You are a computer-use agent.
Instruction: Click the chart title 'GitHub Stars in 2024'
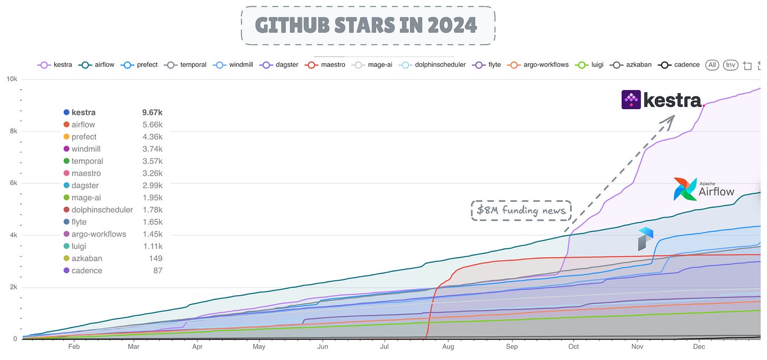367,25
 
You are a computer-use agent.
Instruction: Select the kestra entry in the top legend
57,65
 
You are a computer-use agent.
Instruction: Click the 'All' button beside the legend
712,65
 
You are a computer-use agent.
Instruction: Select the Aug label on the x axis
448,347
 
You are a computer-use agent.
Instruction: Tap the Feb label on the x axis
74,347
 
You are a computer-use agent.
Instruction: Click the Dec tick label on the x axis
699,347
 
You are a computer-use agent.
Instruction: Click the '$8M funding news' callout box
520,210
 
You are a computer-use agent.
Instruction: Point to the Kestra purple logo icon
631,100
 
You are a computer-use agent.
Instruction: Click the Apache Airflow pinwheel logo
685,189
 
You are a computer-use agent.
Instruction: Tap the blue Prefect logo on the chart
645,239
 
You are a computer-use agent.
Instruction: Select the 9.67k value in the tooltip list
152,112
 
